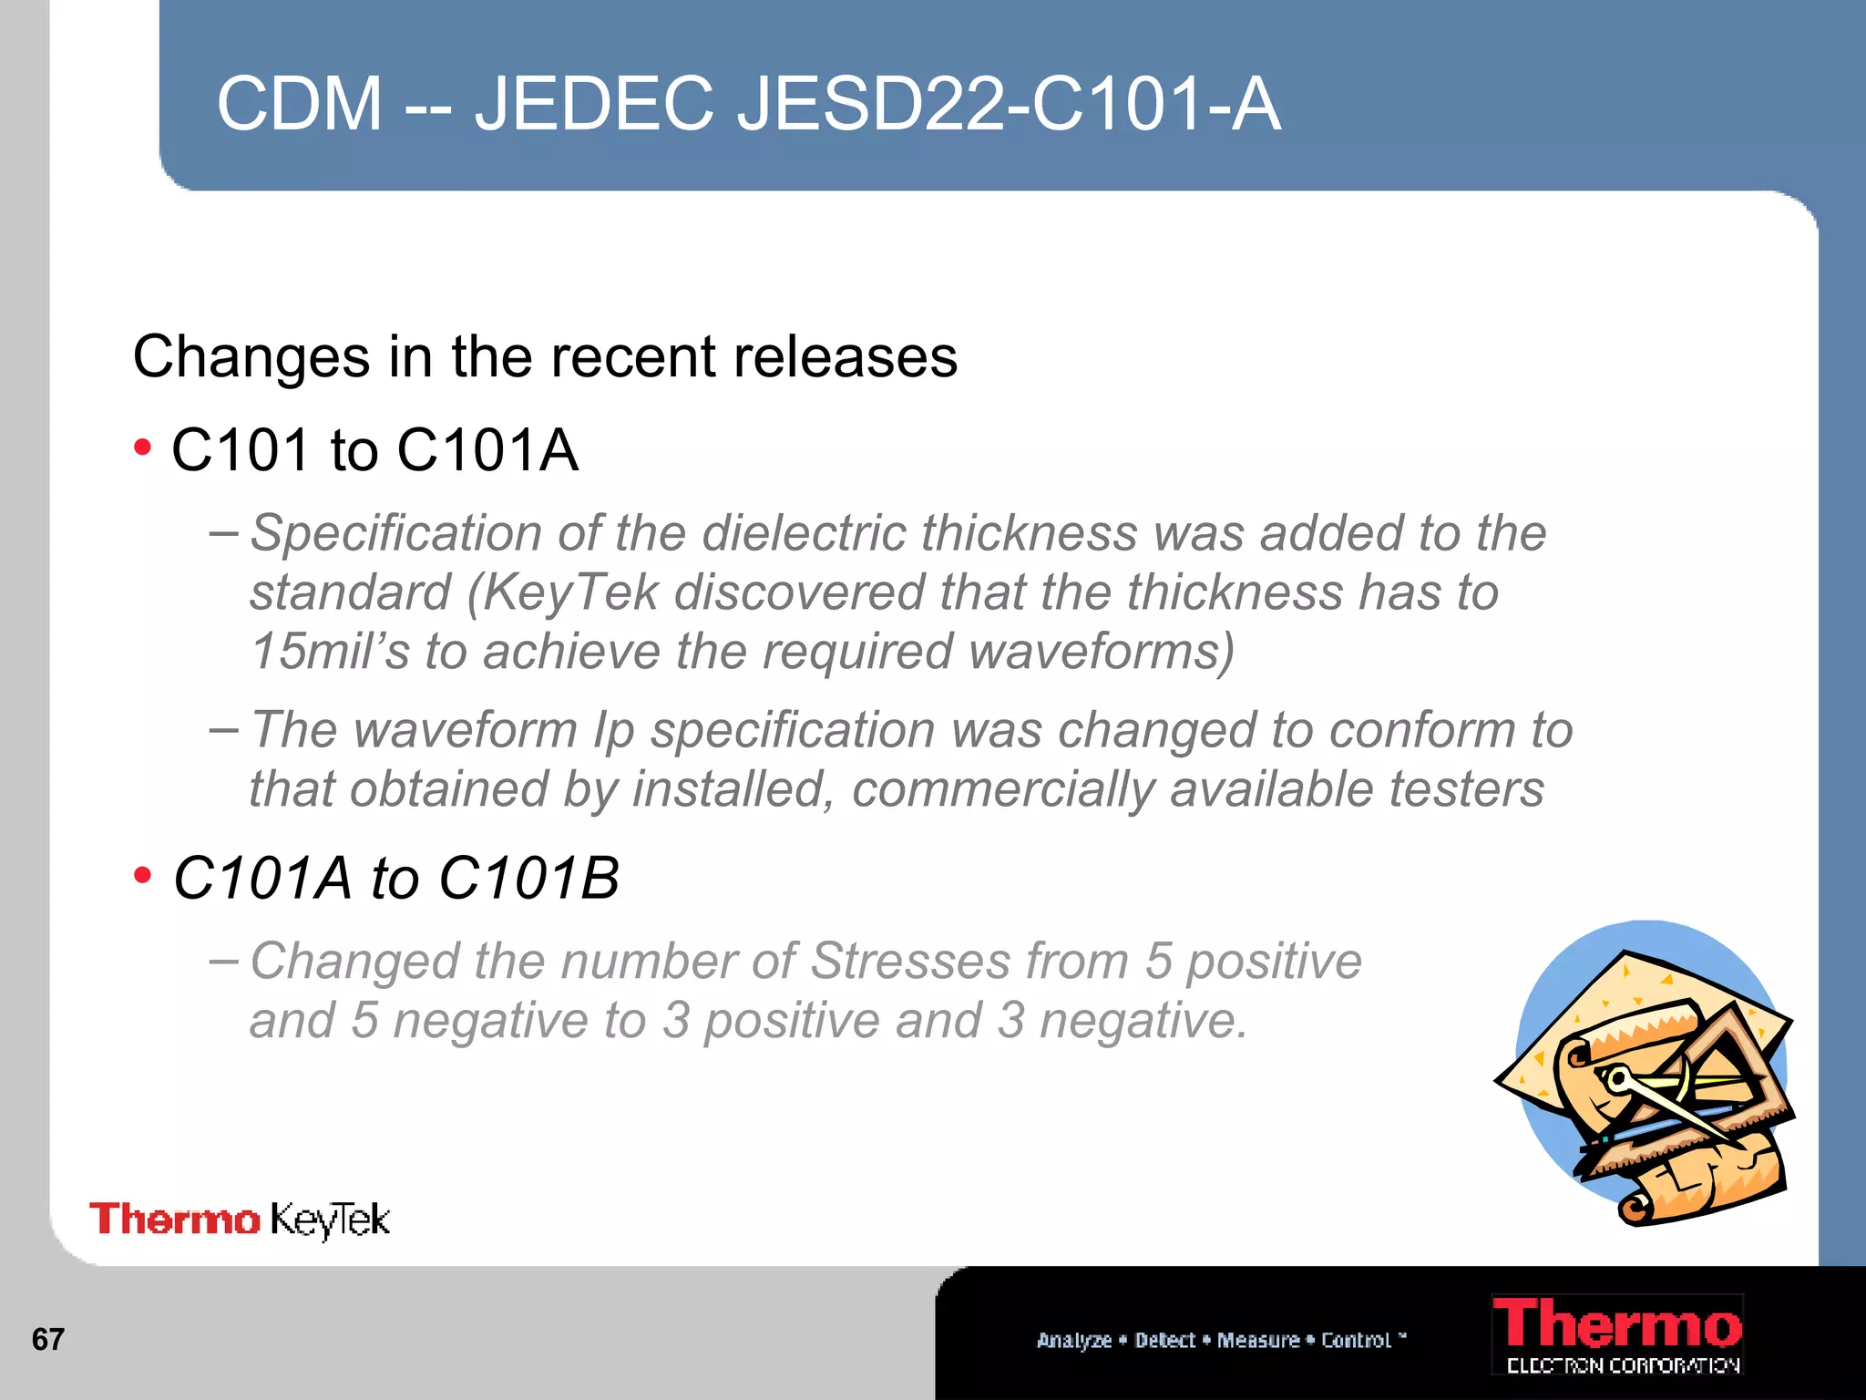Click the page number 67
(x=47, y=1339)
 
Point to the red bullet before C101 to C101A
(x=142, y=448)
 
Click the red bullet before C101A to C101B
(x=142, y=876)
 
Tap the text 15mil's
(x=330, y=651)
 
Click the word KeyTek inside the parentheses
(x=570, y=592)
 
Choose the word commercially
(x=1003, y=789)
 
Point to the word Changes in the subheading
(x=251, y=356)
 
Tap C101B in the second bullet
(x=528, y=879)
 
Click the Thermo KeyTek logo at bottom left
(x=240, y=1220)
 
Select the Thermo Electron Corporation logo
(x=1618, y=1334)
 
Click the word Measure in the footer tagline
(x=1257, y=1340)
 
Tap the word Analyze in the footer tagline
(x=1074, y=1340)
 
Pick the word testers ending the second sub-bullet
(x=1466, y=789)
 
